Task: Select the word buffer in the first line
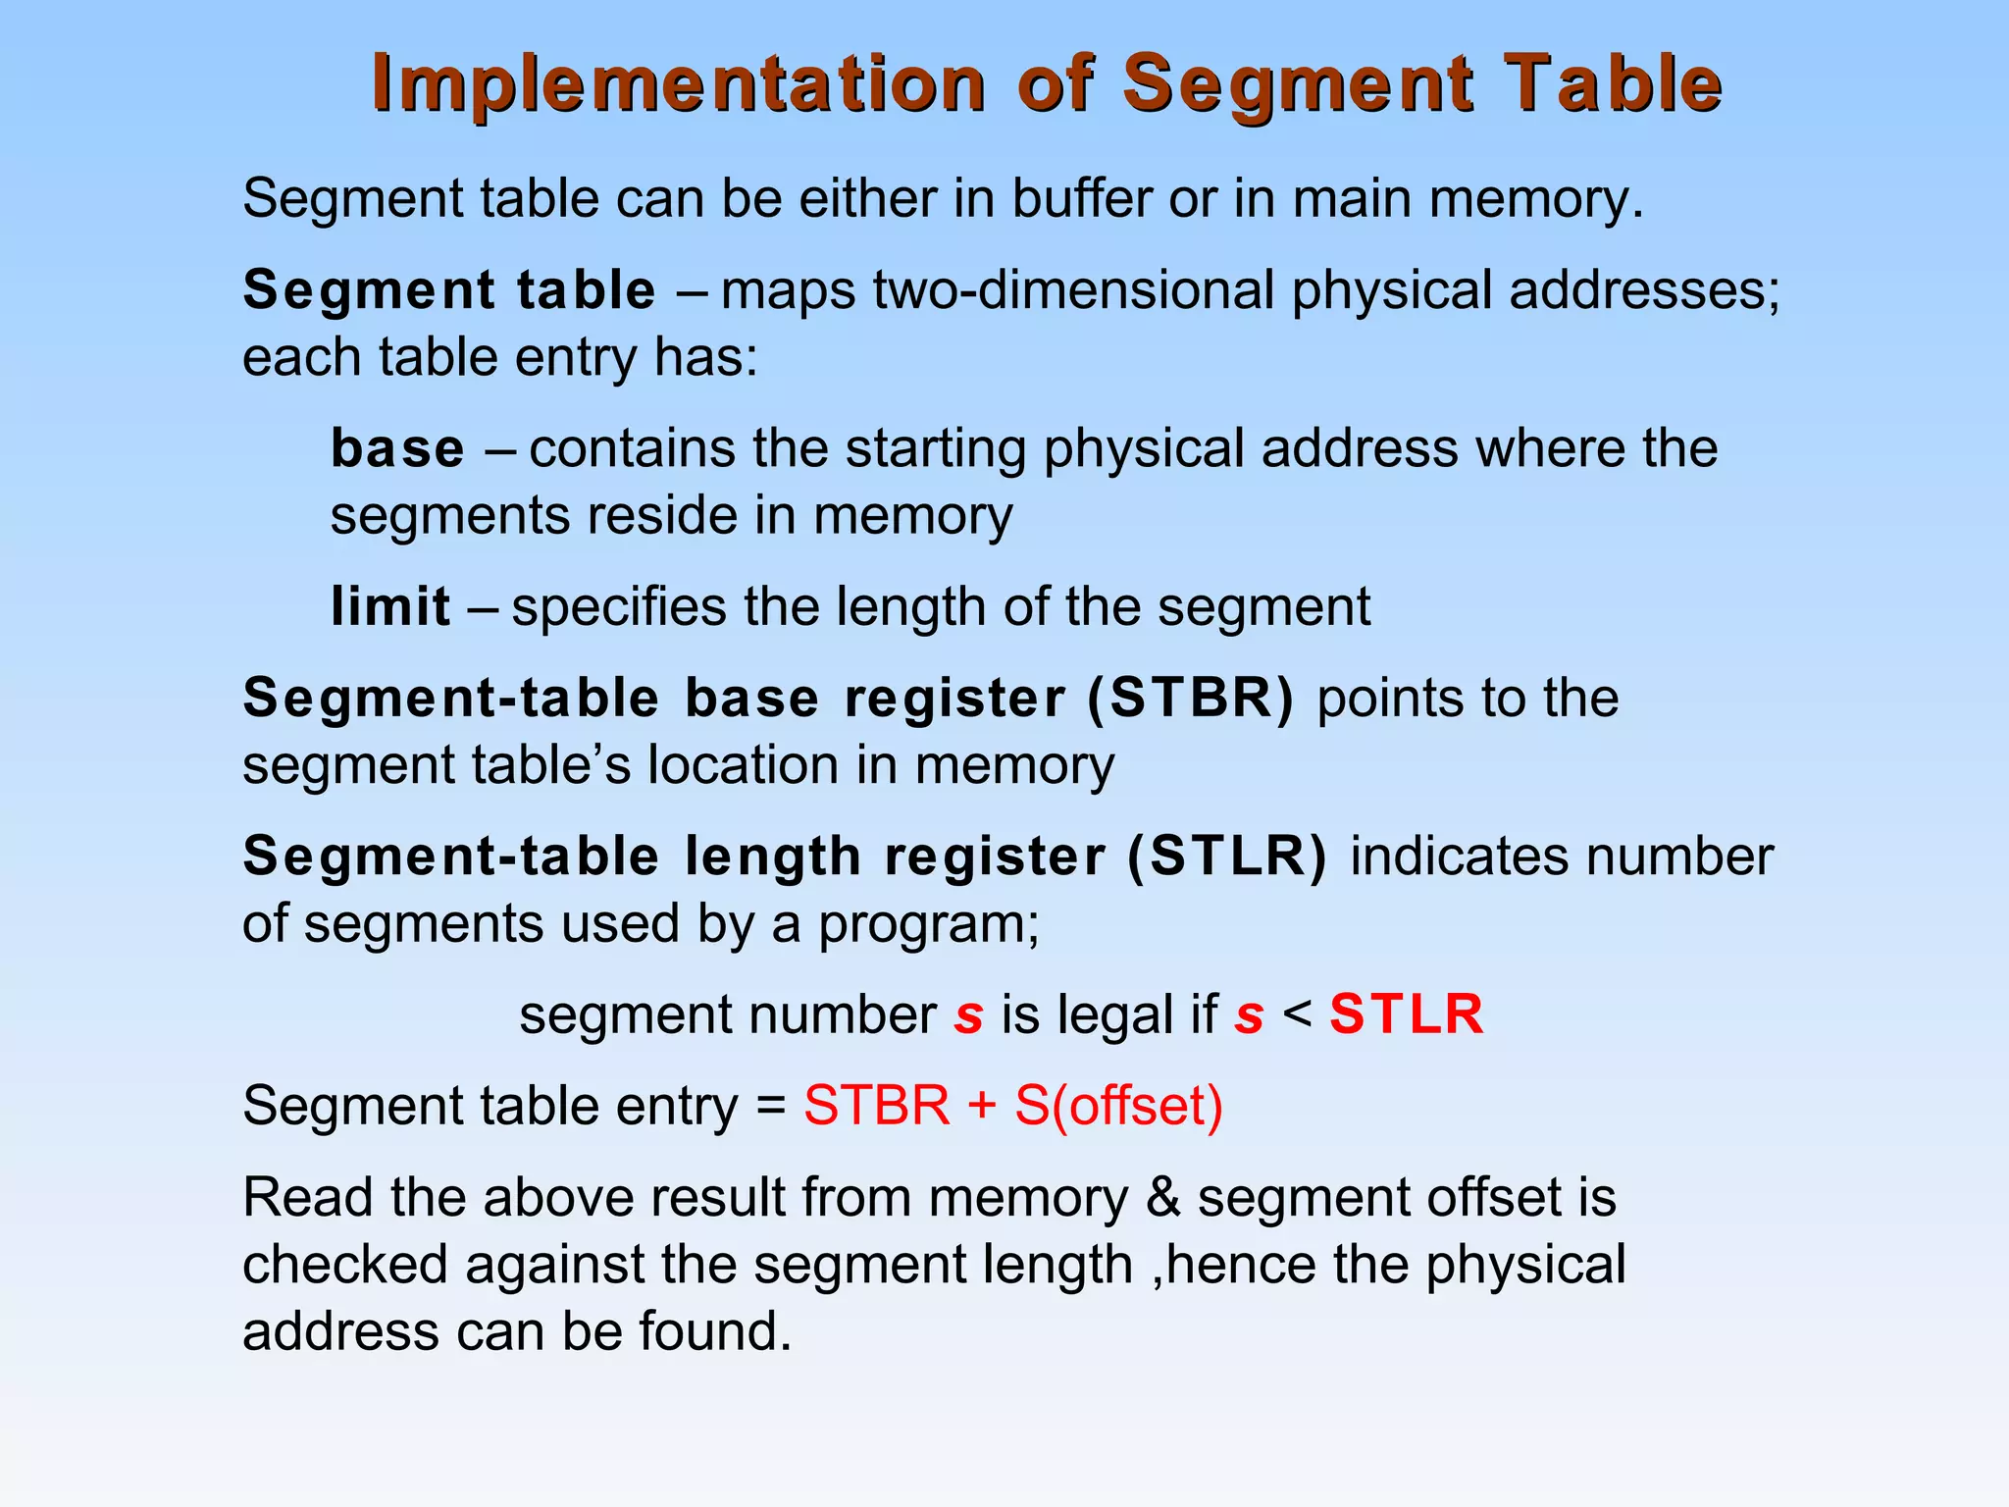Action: (x=1081, y=199)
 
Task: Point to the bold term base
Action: (x=397, y=449)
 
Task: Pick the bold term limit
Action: (x=390, y=607)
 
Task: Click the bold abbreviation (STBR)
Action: (x=1190, y=699)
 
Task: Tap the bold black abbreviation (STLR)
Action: (x=1227, y=857)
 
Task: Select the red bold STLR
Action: (x=1406, y=1014)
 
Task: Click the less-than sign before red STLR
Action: (x=1297, y=1014)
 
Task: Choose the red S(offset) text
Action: (x=1118, y=1107)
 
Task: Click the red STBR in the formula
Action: (x=877, y=1107)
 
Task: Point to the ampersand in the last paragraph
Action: (x=1162, y=1199)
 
